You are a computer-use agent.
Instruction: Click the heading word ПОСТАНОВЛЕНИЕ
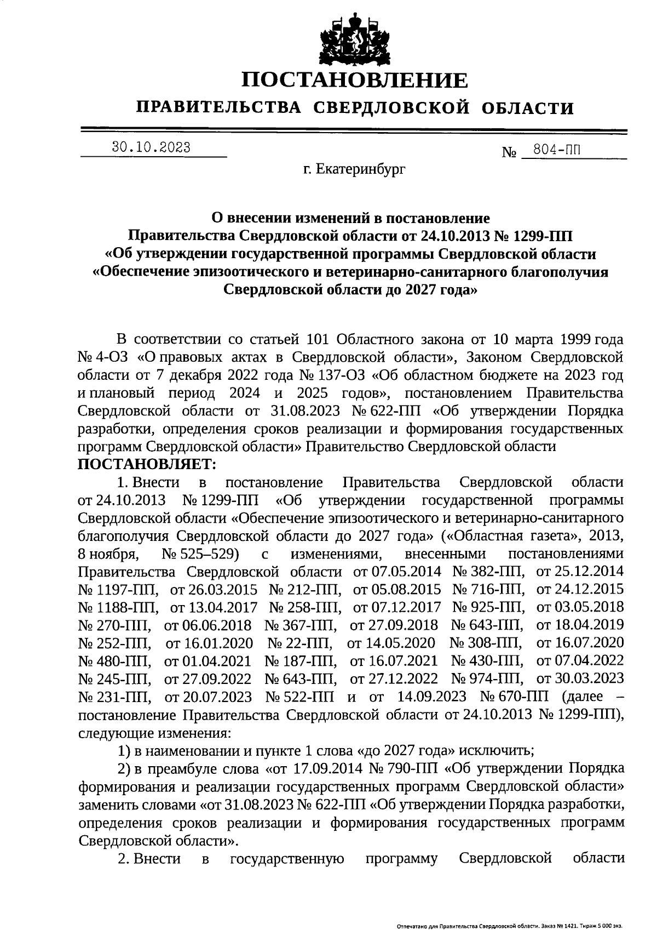[355, 81]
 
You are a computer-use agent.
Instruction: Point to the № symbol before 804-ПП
[509, 152]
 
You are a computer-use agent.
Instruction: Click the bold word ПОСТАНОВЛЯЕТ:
[147, 464]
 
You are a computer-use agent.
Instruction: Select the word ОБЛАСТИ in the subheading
[528, 108]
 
